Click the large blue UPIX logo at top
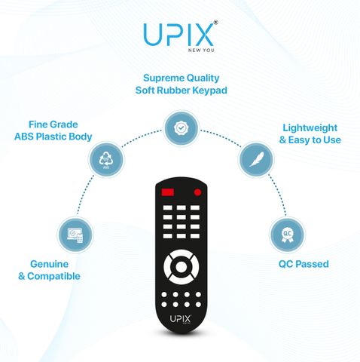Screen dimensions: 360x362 [178, 35]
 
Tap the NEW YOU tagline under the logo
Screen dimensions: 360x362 [201, 50]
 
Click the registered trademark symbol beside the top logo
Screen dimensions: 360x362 [215, 23]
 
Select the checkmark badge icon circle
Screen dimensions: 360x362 [181, 128]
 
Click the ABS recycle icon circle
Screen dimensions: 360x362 [106, 160]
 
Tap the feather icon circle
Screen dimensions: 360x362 [256, 159]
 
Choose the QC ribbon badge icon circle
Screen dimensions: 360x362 [287, 235]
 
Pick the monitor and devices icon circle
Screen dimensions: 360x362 [75, 235]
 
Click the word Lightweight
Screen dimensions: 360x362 [310, 128]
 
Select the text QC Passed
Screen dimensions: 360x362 [304, 264]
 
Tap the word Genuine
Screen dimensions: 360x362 [49, 264]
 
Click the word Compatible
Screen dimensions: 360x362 [53, 276]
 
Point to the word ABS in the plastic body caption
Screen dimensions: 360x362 [24, 137]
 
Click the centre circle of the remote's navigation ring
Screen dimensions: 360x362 [181, 267]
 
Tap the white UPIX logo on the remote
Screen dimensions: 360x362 [181, 319]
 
